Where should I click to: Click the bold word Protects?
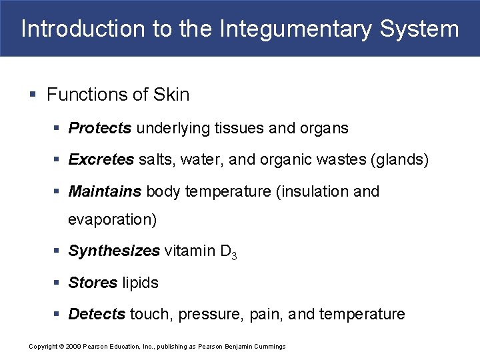[x=100, y=128]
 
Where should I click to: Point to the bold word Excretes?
[x=101, y=160]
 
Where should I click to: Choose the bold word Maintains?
[x=105, y=192]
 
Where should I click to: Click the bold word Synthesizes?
[x=114, y=251]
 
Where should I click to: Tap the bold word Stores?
[x=93, y=283]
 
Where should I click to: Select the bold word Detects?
[x=97, y=314]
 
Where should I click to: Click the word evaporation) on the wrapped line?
[x=113, y=219]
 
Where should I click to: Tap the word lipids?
[x=141, y=283]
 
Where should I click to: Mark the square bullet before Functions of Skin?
[x=33, y=95]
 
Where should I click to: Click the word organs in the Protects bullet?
[x=326, y=128]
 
